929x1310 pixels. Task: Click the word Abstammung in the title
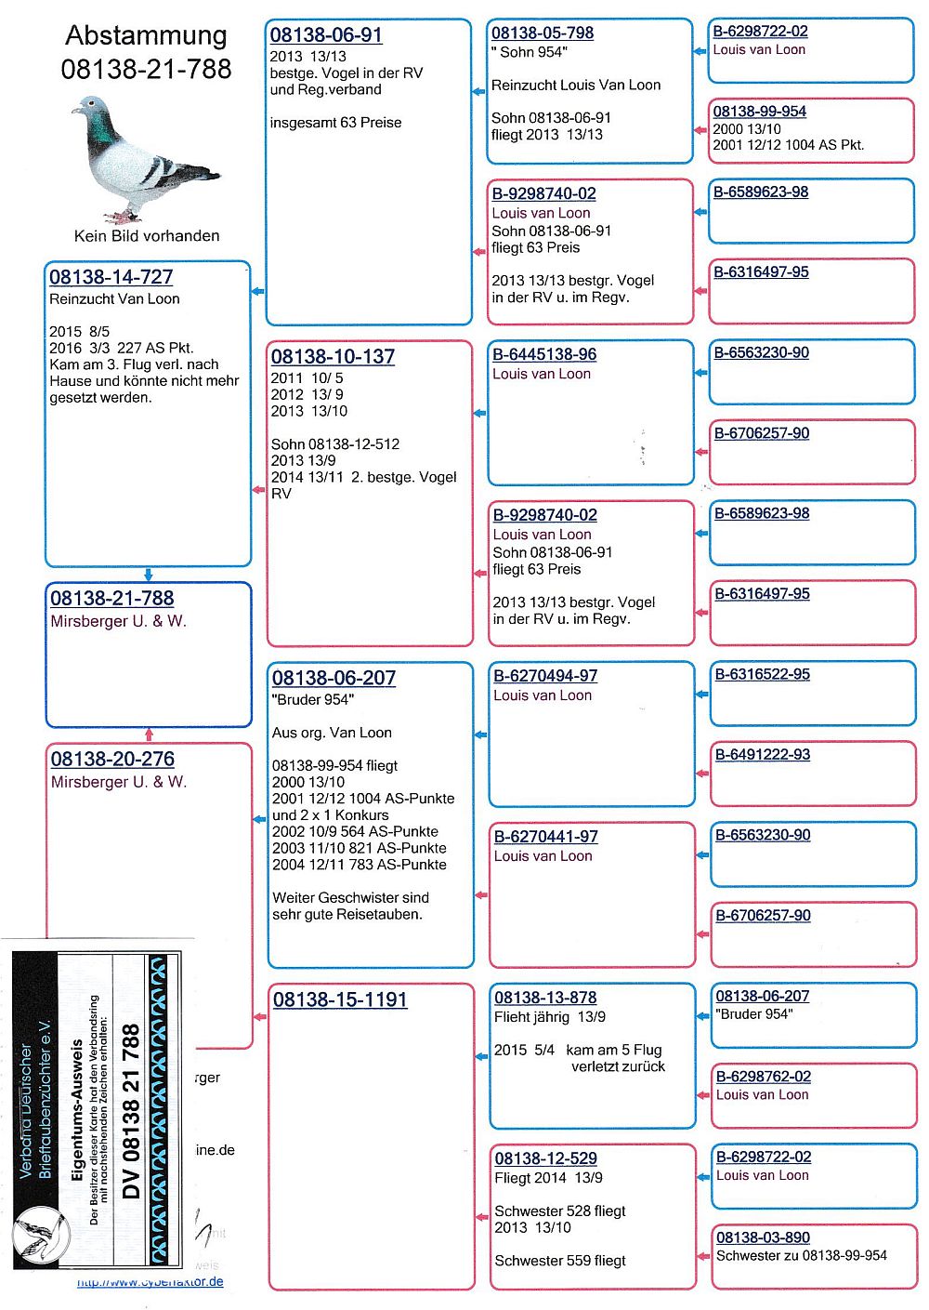[x=146, y=35]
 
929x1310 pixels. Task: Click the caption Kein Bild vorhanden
[x=147, y=236]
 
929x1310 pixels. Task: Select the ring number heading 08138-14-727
[x=111, y=277]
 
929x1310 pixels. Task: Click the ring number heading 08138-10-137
[x=333, y=357]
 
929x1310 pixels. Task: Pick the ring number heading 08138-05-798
[x=543, y=33]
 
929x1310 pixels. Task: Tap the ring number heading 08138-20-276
[x=112, y=760]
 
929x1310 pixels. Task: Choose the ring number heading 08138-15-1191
[x=340, y=1000]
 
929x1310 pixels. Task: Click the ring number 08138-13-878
[x=545, y=998]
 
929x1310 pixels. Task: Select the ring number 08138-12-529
[x=545, y=1158]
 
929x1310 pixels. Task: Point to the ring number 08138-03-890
[x=763, y=1237]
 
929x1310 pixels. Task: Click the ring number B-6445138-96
[x=544, y=354]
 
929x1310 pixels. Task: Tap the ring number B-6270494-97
[x=545, y=676]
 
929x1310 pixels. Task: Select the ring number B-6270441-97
[x=545, y=837]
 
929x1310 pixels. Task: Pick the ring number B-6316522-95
[x=762, y=674]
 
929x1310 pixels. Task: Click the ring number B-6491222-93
[x=762, y=754]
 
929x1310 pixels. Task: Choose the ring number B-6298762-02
[x=763, y=1076]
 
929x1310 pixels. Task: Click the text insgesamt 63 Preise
[x=335, y=123]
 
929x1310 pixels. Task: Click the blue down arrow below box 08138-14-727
[x=148, y=575]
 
